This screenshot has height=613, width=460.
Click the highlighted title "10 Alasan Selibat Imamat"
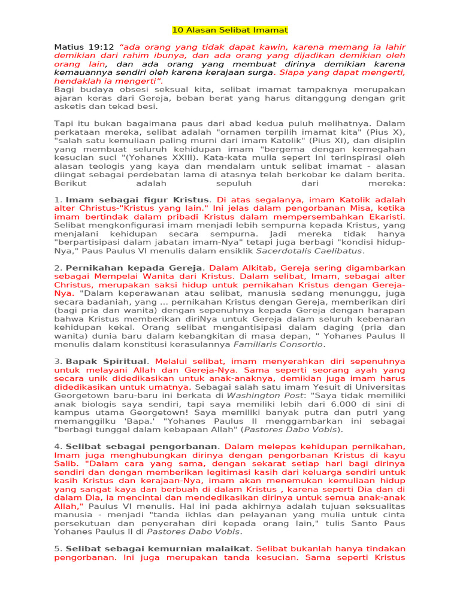pyautogui.click(x=230, y=30)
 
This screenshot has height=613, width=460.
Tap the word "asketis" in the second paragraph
pyautogui.click(x=71, y=107)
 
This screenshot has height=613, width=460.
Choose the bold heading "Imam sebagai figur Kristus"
pyautogui.click(x=138, y=199)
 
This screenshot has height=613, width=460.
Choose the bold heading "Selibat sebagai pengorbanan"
pyautogui.click(x=141, y=446)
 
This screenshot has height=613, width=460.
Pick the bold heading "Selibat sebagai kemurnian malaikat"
pyautogui.click(x=157, y=548)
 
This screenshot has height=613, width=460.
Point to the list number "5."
pyautogui.click(x=58, y=548)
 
